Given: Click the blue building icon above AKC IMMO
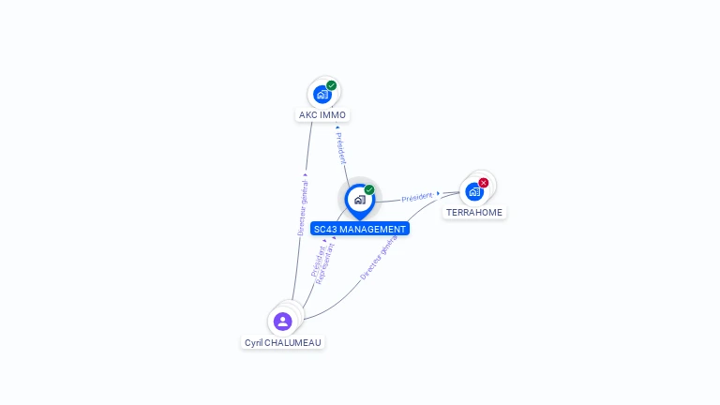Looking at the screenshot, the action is pos(322,95).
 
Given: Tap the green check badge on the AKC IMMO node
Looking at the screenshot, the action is pos(332,85).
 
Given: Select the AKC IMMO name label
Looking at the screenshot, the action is pos(322,114).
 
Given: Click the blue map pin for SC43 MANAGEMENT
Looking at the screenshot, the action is pos(360,202).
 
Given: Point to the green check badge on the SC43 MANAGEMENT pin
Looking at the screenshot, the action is pos(369,189).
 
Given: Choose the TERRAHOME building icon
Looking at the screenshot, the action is pos(474,192).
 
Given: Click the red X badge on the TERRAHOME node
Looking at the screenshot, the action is pos(483,183).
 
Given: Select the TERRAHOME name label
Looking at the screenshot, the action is pos(474,213).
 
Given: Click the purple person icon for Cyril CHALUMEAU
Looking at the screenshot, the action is pos(283,322).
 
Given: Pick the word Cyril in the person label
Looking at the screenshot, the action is pos(253,343).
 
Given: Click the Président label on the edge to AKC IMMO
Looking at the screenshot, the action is pos(340,148).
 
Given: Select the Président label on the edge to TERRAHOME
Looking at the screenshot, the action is pos(417,197).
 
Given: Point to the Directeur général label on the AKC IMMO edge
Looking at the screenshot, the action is pos(303,207).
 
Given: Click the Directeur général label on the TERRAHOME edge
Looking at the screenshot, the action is pos(379,257).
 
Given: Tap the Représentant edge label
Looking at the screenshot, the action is pos(326,263).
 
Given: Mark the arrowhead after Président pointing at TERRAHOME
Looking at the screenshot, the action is pos(439,193).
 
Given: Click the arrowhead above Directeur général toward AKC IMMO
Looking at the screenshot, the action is pos(306,175).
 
